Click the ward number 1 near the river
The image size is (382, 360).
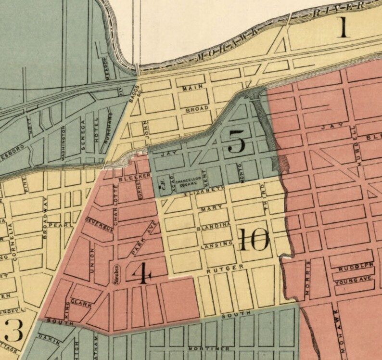click(343, 28)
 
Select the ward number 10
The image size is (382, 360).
click(253, 239)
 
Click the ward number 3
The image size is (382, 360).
click(13, 332)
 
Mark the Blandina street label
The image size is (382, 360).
click(214, 225)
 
